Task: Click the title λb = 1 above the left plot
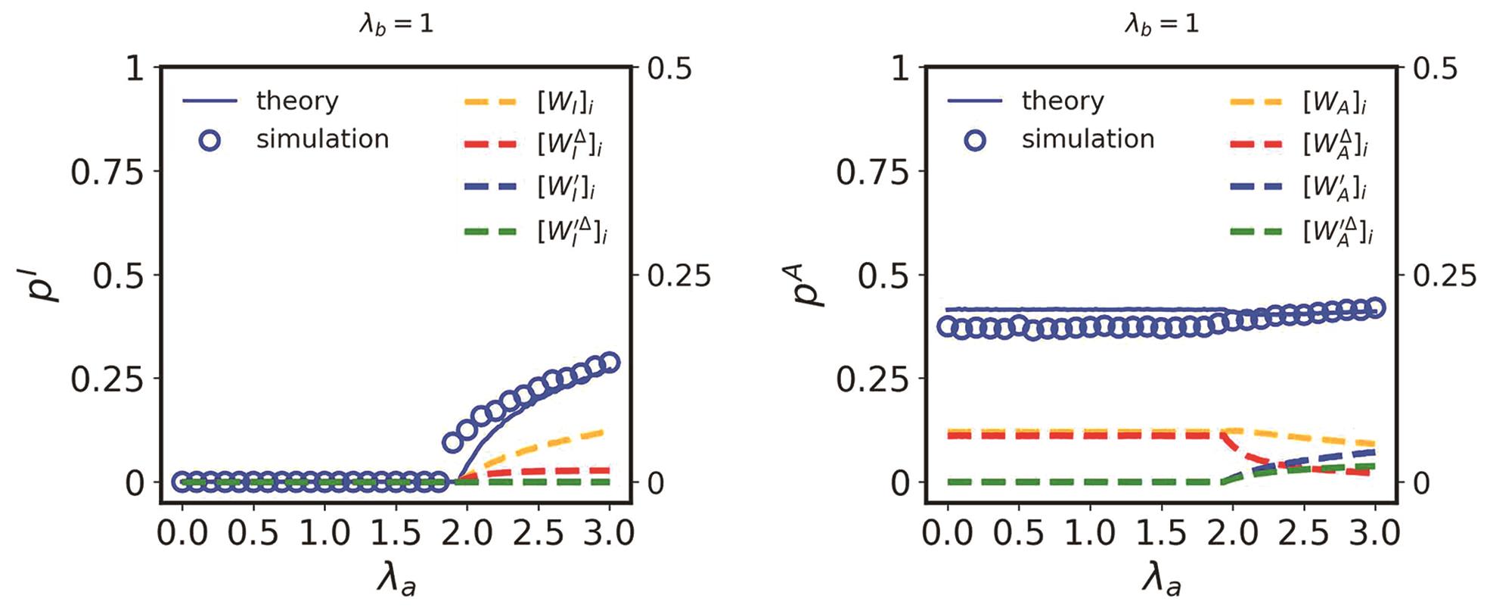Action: click(396, 24)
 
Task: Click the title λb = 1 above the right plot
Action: click(1161, 24)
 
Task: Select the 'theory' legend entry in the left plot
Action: click(296, 101)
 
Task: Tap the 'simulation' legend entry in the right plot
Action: click(1088, 139)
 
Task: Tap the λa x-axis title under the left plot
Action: click(396, 581)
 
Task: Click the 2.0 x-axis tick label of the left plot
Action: click(466, 533)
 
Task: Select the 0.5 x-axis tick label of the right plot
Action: click(1018, 533)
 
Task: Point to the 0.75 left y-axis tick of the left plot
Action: click(107, 173)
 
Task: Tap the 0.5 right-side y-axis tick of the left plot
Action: click(670, 69)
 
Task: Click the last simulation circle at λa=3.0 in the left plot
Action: click(609, 362)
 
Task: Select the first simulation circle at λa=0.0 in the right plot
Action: click(948, 326)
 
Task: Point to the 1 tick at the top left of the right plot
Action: click(900, 69)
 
